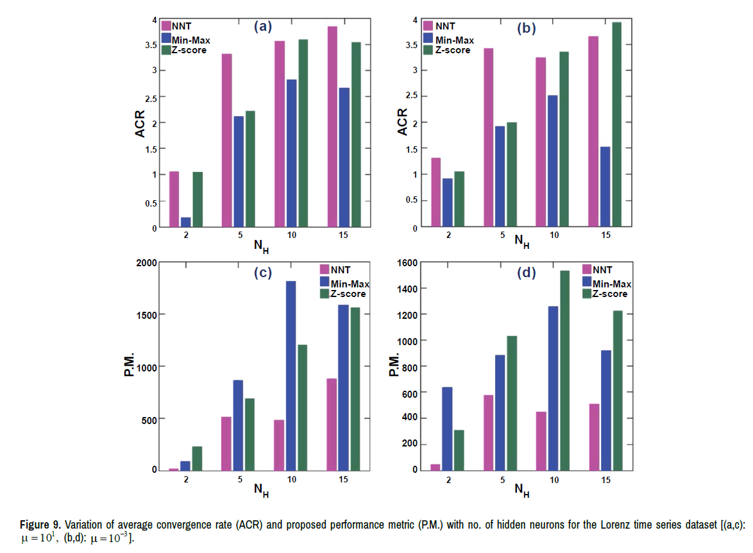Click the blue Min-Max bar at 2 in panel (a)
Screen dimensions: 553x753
[185, 222]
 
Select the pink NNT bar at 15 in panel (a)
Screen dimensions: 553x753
[331, 127]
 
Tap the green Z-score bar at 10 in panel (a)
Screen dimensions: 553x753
[303, 133]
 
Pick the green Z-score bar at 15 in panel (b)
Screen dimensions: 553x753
[617, 124]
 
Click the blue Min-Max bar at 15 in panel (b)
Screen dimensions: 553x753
[605, 187]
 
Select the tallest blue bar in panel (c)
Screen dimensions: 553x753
[291, 375]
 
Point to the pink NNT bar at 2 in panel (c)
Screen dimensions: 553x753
[174, 469]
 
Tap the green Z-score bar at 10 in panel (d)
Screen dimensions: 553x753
[564, 370]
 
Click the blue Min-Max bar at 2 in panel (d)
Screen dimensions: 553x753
[447, 429]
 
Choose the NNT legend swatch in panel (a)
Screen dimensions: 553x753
[166, 26]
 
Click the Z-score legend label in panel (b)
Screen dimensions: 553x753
[453, 50]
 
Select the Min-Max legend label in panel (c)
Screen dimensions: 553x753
[350, 284]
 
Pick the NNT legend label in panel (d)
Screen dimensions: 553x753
[602, 269]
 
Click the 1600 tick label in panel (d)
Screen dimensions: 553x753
[407, 262]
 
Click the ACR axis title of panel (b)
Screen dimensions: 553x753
[402, 123]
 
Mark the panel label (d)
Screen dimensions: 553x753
[526, 273]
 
